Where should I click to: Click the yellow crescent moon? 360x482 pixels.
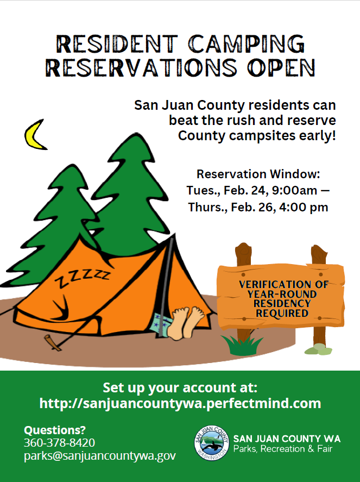click(x=34, y=137)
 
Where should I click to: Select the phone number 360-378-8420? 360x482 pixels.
click(x=59, y=442)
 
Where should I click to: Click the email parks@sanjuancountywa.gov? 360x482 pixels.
click(x=99, y=456)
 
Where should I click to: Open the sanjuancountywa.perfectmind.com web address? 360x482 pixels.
click(x=180, y=404)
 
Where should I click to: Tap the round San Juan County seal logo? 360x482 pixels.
click(x=211, y=443)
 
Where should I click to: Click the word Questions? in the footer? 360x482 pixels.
click(x=55, y=430)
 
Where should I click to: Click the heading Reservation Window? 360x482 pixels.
click(x=258, y=174)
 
